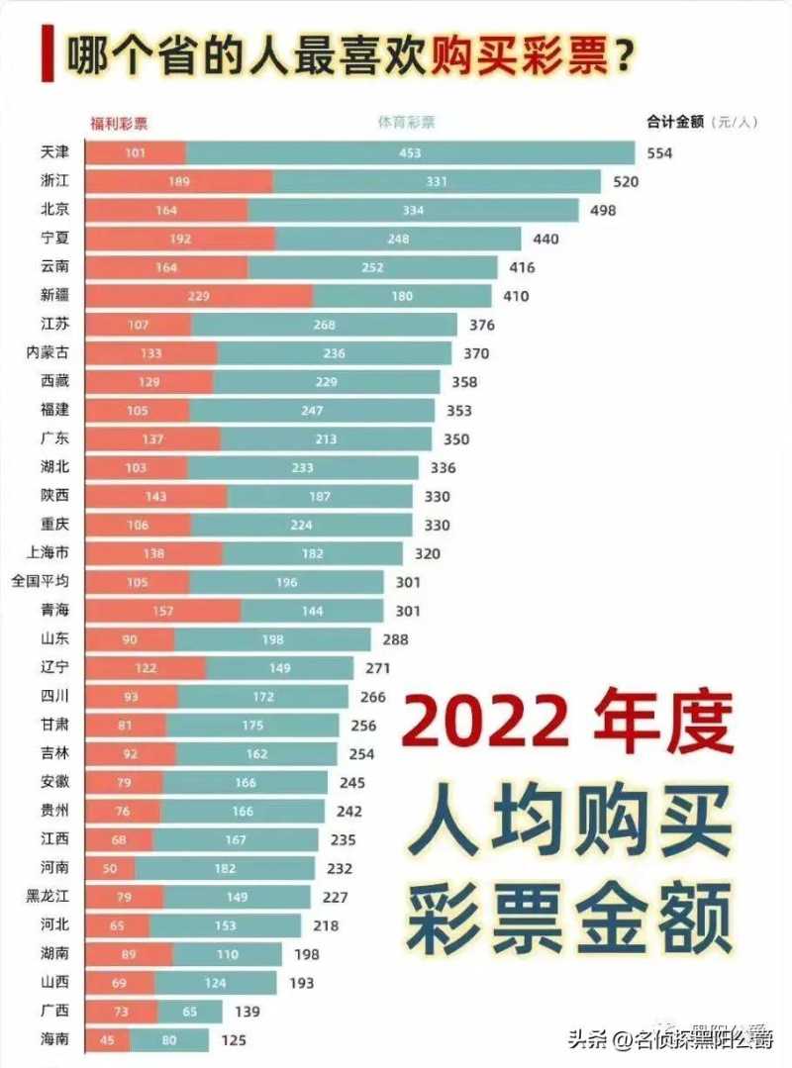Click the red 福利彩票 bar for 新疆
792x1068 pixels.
click(199, 295)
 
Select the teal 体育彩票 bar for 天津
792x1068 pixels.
click(410, 152)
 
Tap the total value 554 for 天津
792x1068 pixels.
click(659, 152)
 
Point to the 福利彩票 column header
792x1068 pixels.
click(118, 123)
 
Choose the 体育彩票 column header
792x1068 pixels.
click(406, 123)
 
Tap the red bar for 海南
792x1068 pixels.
click(108, 1040)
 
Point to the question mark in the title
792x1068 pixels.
click(624, 56)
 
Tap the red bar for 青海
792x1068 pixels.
click(163, 611)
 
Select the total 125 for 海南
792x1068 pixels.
click(234, 1040)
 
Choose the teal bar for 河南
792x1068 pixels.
click(225, 869)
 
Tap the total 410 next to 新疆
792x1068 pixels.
click(516, 295)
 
